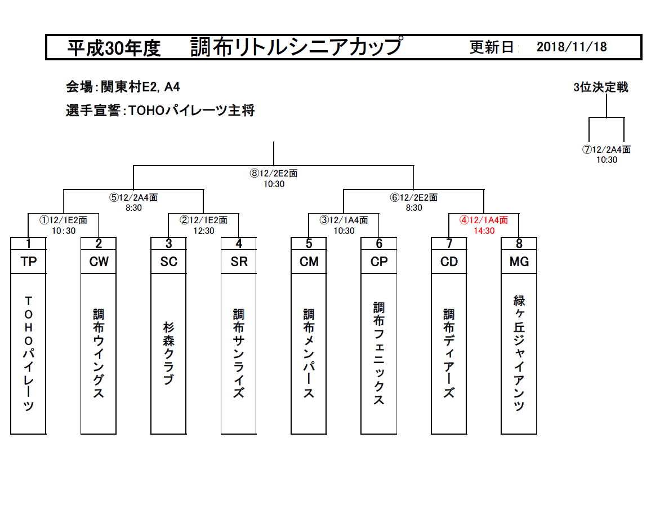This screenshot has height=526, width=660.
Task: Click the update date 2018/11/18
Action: [572, 47]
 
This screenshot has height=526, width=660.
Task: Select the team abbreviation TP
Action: [28, 262]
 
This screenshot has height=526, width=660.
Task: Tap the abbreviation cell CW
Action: [99, 262]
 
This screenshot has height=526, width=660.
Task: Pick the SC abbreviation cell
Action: [168, 262]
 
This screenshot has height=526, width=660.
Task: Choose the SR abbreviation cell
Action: [239, 262]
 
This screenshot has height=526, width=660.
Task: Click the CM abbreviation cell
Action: [309, 262]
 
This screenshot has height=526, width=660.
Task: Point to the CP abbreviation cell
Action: [379, 262]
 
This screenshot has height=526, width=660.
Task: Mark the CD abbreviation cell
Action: [449, 262]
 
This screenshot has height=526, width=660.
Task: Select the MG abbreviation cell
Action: [519, 262]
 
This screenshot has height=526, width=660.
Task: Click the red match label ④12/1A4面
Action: [484, 220]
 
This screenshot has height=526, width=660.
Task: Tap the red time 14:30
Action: [484, 231]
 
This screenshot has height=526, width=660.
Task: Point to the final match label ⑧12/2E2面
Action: [274, 174]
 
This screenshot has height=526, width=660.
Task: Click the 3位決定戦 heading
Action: [600, 87]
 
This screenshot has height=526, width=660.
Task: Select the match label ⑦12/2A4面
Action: [607, 150]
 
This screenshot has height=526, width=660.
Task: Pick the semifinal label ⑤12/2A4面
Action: [133, 198]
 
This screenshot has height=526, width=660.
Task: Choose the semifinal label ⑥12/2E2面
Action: [414, 198]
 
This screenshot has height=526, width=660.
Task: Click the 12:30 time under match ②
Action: [204, 231]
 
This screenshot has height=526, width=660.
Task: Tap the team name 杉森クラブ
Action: [168, 353]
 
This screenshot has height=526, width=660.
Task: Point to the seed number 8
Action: [519, 244]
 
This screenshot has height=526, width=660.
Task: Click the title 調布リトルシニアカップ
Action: [296, 47]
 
